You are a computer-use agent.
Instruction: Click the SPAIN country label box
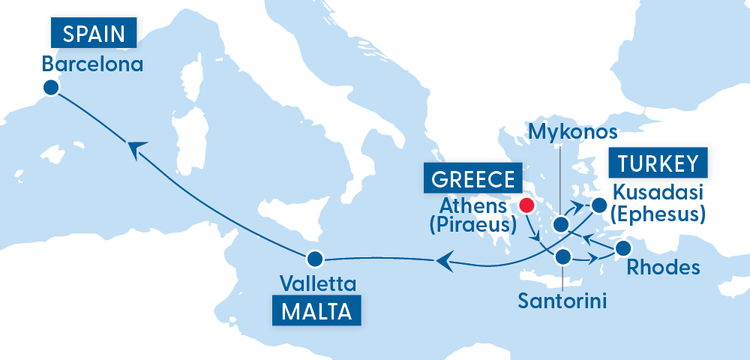93,34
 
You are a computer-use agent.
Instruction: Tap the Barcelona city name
92,64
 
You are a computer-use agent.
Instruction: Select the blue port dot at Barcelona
50,88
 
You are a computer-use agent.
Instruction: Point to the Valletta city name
317,284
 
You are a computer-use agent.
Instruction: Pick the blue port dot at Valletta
314,259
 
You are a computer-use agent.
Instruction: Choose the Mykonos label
573,132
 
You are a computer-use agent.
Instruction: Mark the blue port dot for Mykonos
560,223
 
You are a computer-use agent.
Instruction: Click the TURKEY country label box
659,163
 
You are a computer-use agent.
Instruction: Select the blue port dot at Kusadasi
598,204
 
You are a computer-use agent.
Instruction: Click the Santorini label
562,302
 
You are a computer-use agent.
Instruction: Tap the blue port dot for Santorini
563,258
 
